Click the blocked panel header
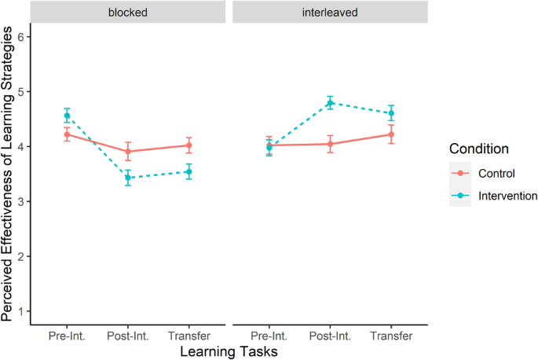coord(128,13)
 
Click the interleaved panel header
coord(330,13)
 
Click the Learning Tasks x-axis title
coord(229,351)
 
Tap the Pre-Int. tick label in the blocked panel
coord(67,336)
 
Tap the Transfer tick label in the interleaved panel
coord(391,336)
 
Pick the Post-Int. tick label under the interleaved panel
coord(330,336)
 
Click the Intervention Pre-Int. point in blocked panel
coord(67,116)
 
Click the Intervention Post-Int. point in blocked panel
coord(128,178)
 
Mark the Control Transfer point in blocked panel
coord(188,145)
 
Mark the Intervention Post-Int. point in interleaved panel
coord(330,103)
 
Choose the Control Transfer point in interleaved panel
coord(391,134)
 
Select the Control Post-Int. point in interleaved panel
coord(330,144)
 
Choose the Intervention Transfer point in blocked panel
coord(188,171)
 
